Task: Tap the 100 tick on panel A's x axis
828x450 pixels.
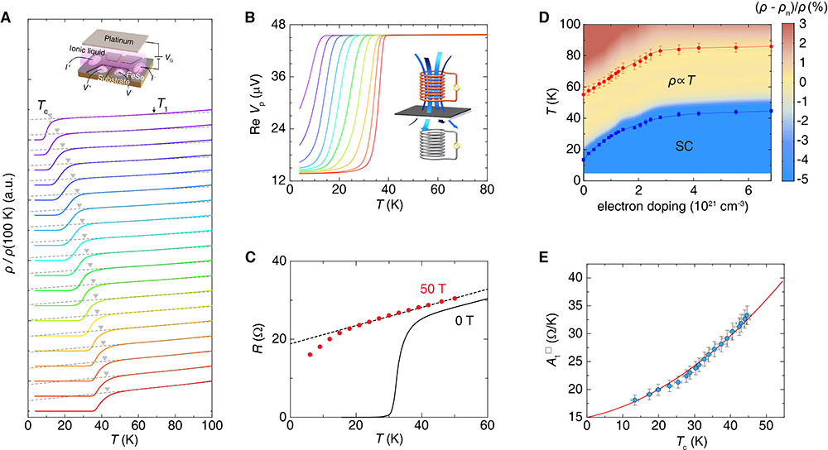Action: click(212, 424)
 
